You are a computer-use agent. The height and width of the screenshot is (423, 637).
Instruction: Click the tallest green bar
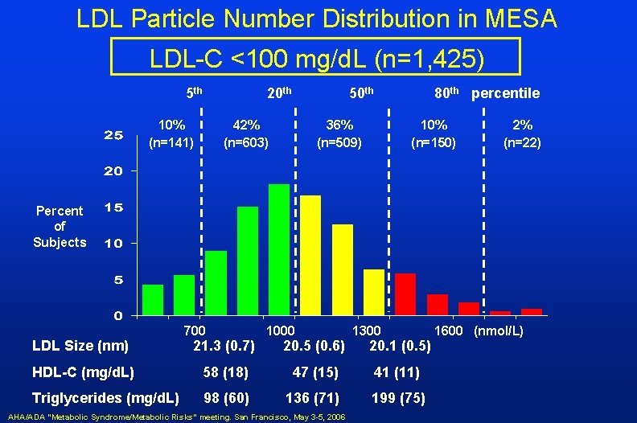click(x=279, y=249)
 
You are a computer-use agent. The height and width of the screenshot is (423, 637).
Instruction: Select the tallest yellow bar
click(x=310, y=254)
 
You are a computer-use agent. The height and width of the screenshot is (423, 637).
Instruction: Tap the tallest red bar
click(x=405, y=294)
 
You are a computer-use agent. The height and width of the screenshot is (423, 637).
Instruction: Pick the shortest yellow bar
click(x=374, y=291)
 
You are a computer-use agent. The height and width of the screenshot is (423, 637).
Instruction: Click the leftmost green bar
click(x=153, y=299)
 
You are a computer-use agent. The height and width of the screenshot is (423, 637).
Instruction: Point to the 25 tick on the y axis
click(x=113, y=134)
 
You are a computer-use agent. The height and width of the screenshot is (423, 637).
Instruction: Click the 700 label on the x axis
click(x=195, y=331)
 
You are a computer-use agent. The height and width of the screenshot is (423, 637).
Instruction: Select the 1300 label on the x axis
click(x=366, y=331)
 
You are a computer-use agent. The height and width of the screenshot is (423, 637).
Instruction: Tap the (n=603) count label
click(x=245, y=143)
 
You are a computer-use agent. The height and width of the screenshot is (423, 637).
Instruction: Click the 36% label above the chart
click(x=339, y=125)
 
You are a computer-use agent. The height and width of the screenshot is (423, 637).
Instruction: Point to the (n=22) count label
click(x=522, y=143)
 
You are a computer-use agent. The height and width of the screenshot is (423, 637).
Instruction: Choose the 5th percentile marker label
click(x=194, y=92)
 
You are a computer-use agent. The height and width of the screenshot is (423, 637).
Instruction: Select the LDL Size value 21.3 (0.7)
click(x=224, y=347)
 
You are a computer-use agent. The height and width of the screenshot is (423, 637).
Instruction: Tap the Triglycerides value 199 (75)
click(x=398, y=398)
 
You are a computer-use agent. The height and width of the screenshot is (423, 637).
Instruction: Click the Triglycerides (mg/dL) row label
click(x=105, y=398)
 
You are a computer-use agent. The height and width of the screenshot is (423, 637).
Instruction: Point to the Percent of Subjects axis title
click(x=60, y=226)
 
